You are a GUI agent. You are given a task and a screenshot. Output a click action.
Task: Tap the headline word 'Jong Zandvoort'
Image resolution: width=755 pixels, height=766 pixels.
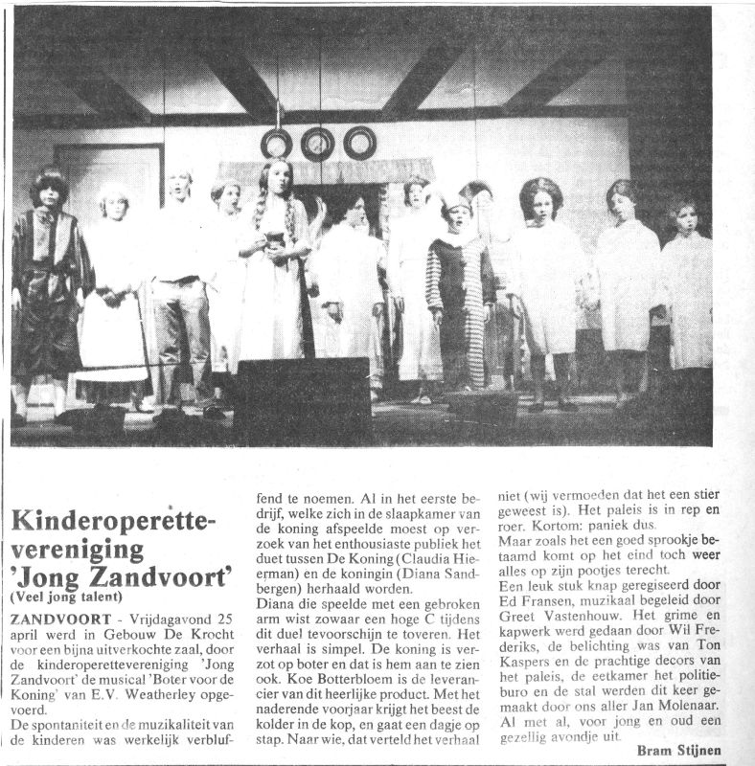123,577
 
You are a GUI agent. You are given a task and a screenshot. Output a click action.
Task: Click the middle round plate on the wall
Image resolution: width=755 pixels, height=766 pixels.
317,145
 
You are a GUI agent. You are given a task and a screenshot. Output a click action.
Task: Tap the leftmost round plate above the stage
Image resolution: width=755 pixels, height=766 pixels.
276,145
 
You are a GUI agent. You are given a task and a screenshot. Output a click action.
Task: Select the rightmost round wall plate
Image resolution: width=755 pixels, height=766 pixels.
359,144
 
